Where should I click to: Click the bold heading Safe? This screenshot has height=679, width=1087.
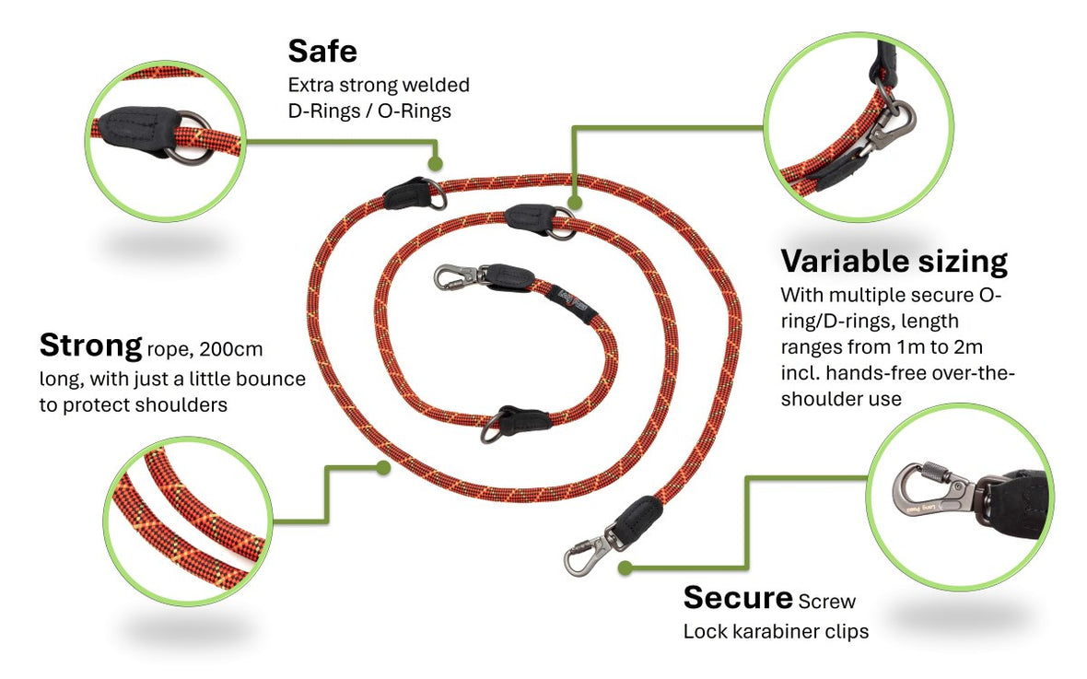click(322, 52)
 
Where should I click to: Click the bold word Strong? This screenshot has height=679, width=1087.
click(91, 345)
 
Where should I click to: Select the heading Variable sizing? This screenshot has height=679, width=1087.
click(894, 262)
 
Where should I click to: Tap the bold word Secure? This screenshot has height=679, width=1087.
click(738, 597)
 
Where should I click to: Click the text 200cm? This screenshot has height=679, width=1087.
click(231, 349)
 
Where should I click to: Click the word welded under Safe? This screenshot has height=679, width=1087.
click(436, 85)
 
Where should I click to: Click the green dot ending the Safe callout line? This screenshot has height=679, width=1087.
click(435, 164)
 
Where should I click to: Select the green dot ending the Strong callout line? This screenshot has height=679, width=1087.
click(383, 468)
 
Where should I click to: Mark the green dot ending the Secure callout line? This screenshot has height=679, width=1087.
click(625, 568)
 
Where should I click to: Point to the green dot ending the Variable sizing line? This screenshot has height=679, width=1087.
click(575, 204)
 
